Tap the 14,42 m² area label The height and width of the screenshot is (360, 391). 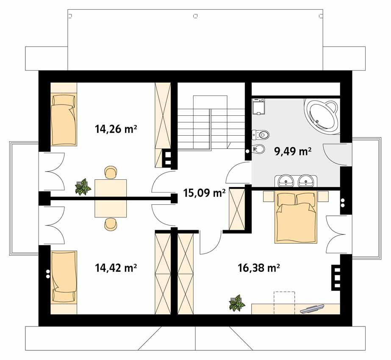point(116,268)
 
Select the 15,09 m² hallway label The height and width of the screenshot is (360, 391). point(204,193)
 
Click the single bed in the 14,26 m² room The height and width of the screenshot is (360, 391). point(64,118)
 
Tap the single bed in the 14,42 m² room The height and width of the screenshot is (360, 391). point(64,277)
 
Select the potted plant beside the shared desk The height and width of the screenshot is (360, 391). point(83,187)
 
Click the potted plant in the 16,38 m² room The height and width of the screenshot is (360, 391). point(236,303)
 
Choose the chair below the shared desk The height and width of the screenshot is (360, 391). point(111,224)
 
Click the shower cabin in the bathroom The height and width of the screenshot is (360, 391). point(258,107)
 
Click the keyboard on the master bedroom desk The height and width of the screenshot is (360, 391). point(312,308)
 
